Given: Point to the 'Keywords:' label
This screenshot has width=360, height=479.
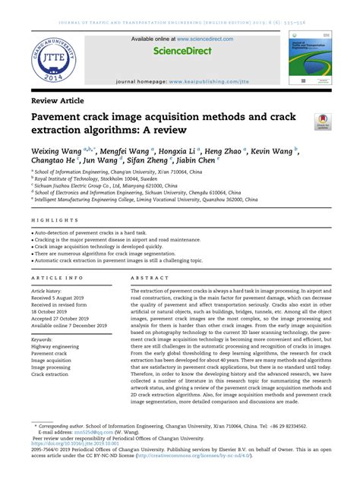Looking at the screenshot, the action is pos(47,339).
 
